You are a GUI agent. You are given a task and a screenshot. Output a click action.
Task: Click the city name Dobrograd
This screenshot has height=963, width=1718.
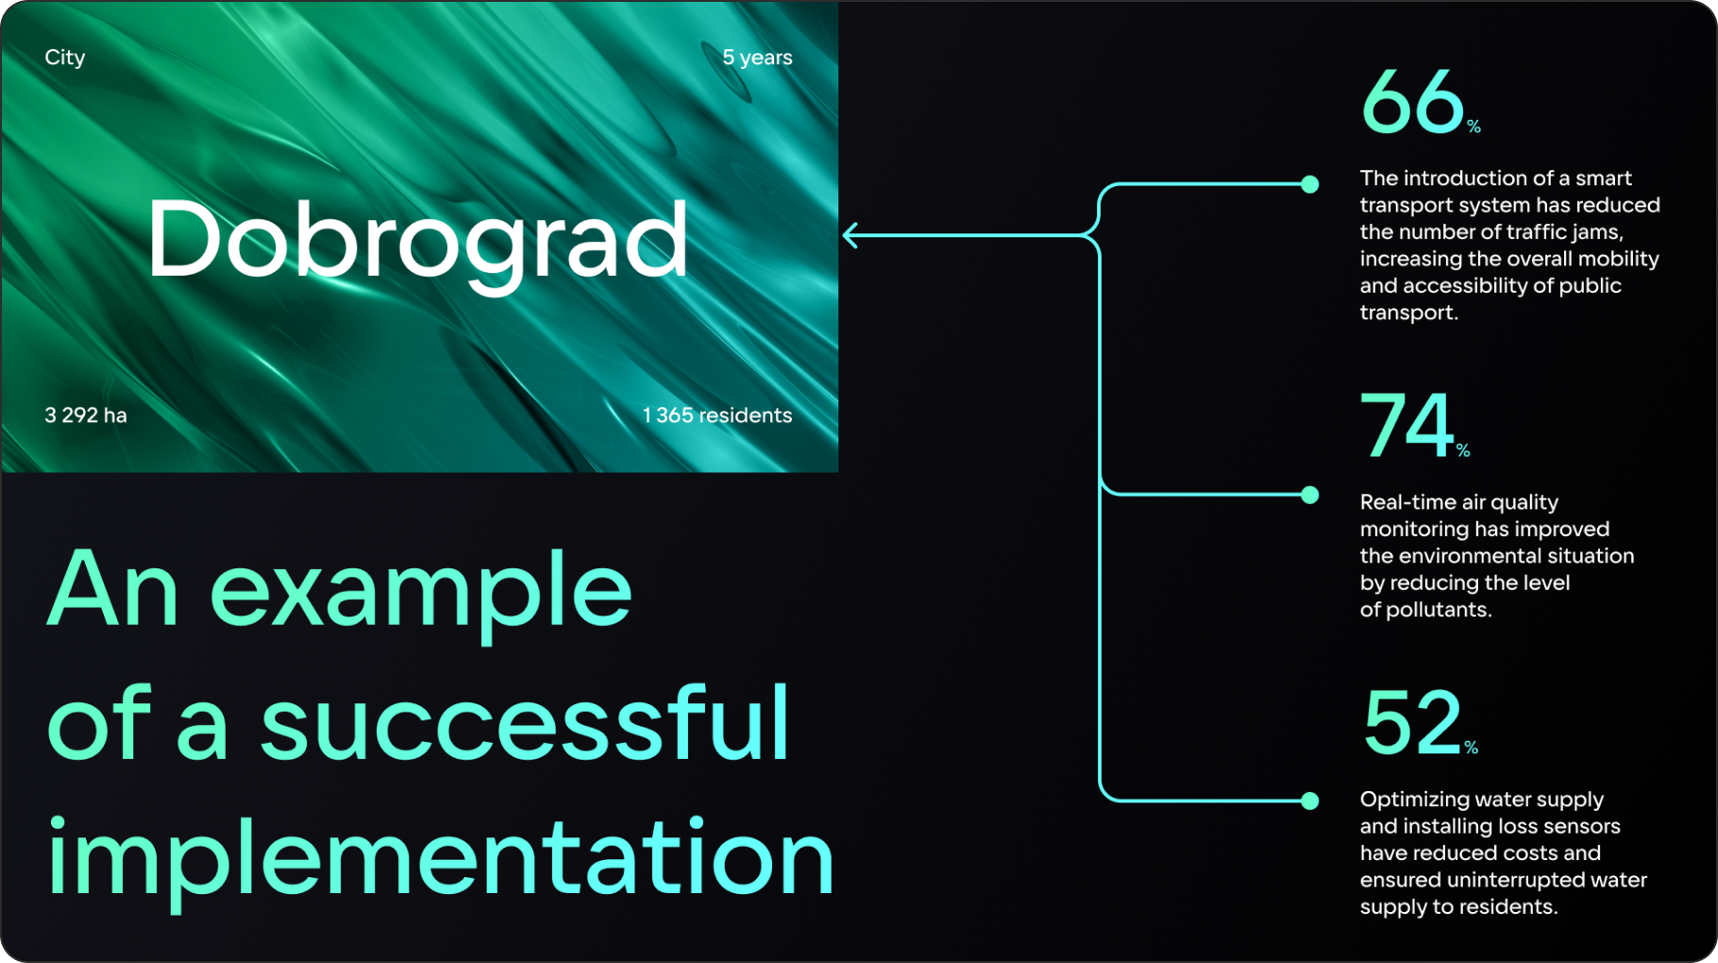(418, 242)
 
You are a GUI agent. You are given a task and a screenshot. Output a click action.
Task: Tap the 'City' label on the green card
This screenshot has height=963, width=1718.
(65, 58)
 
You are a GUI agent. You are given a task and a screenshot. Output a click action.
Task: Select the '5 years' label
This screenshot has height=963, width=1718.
(757, 58)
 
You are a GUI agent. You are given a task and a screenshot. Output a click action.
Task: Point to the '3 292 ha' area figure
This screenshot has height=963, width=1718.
(86, 415)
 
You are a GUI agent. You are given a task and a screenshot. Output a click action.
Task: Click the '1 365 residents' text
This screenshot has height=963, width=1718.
(717, 415)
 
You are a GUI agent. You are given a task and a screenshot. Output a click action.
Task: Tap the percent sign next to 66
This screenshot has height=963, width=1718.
(1474, 127)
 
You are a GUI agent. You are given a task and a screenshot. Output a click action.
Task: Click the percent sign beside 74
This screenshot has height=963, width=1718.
(1463, 450)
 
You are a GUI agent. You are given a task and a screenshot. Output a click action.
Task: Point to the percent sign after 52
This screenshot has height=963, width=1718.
(1472, 748)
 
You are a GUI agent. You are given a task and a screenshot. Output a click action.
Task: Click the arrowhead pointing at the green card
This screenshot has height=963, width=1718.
(850, 235)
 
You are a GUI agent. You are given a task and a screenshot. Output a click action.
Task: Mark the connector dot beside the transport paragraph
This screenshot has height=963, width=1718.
(1310, 184)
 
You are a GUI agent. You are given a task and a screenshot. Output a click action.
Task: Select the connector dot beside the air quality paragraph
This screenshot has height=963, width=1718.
(1310, 495)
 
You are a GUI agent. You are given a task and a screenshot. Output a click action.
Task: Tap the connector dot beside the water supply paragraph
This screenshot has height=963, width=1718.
(1310, 801)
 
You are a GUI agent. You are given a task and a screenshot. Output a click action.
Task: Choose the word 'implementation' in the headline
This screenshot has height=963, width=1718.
(441, 857)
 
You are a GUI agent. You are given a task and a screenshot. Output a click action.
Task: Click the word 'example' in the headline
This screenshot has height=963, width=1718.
(421, 593)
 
